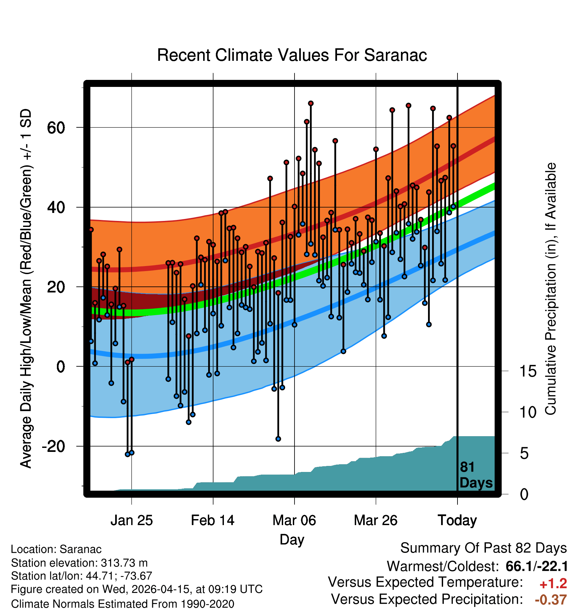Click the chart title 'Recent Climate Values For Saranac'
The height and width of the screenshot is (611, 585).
pos(292,55)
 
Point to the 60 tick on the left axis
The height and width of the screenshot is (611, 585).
pos(56,127)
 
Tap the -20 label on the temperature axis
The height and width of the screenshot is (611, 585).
pos(54,446)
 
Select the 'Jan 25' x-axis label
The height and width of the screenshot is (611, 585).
pos(132,520)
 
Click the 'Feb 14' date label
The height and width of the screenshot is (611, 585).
pos(213,520)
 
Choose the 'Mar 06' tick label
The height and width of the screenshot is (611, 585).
pos(294,520)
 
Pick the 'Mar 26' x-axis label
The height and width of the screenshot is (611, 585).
pos(375,520)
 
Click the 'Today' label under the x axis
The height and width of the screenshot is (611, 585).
pos(457,520)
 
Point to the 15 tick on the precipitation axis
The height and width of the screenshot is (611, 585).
pos(528,371)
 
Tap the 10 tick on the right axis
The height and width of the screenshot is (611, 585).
pos(528,412)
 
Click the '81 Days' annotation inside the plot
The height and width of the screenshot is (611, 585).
pos(476,475)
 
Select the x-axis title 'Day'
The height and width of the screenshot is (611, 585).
pos(292,540)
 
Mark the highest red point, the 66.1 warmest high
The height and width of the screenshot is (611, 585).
pos(311,103)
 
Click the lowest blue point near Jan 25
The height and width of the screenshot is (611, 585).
pos(128,454)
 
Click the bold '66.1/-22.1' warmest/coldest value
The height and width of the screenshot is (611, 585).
pos(536,567)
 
